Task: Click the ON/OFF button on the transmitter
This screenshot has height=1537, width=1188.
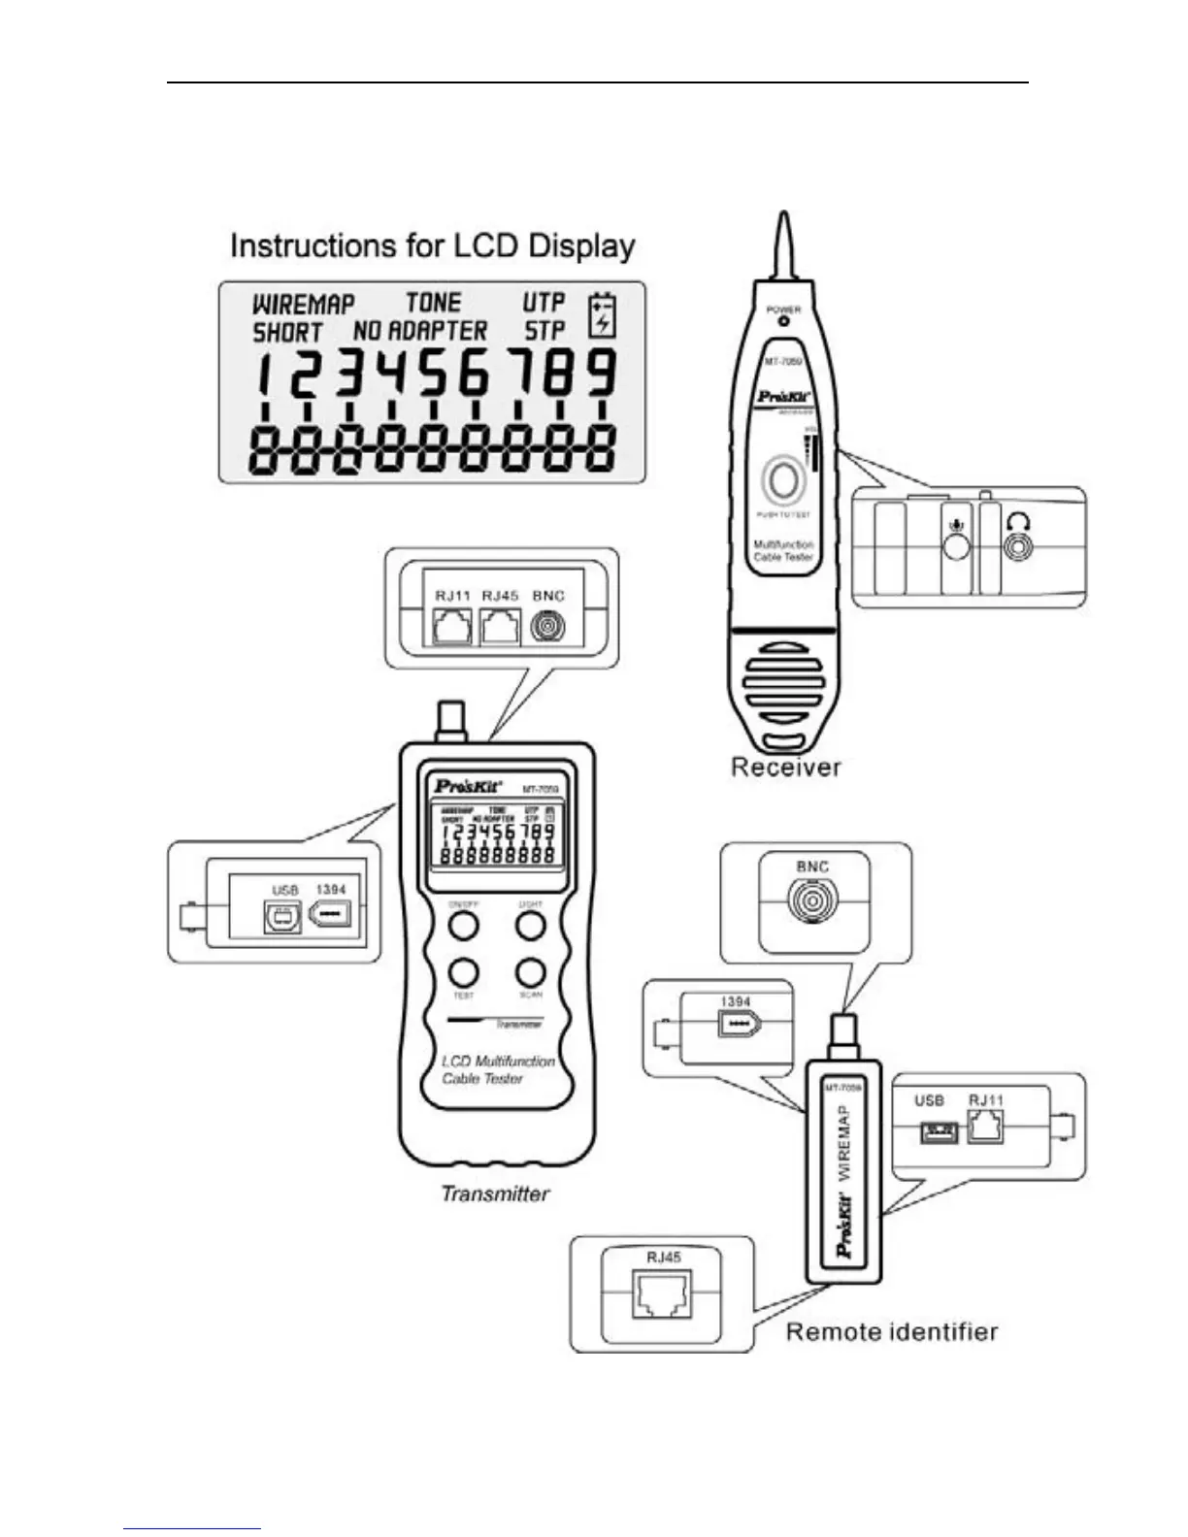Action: (x=464, y=926)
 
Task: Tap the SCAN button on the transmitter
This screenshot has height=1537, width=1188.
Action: (x=530, y=972)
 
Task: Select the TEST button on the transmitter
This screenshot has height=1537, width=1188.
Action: (x=464, y=972)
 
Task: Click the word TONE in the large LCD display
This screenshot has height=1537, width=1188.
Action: (x=433, y=303)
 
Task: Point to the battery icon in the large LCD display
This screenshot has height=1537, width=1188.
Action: (x=603, y=315)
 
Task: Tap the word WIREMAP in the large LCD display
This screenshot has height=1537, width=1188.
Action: (x=303, y=304)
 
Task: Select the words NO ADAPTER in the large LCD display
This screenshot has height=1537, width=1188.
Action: (x=419, y=332)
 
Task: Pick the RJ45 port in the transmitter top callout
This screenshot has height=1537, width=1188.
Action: (x=500, y=629)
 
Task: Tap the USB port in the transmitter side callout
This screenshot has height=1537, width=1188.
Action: (x=282, y=917)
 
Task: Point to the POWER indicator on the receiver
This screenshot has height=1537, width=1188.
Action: (x=783, y=320)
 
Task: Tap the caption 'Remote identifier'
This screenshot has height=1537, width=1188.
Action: (x=891, y=1332)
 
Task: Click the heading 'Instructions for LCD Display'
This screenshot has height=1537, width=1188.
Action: (x=432, y=245)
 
